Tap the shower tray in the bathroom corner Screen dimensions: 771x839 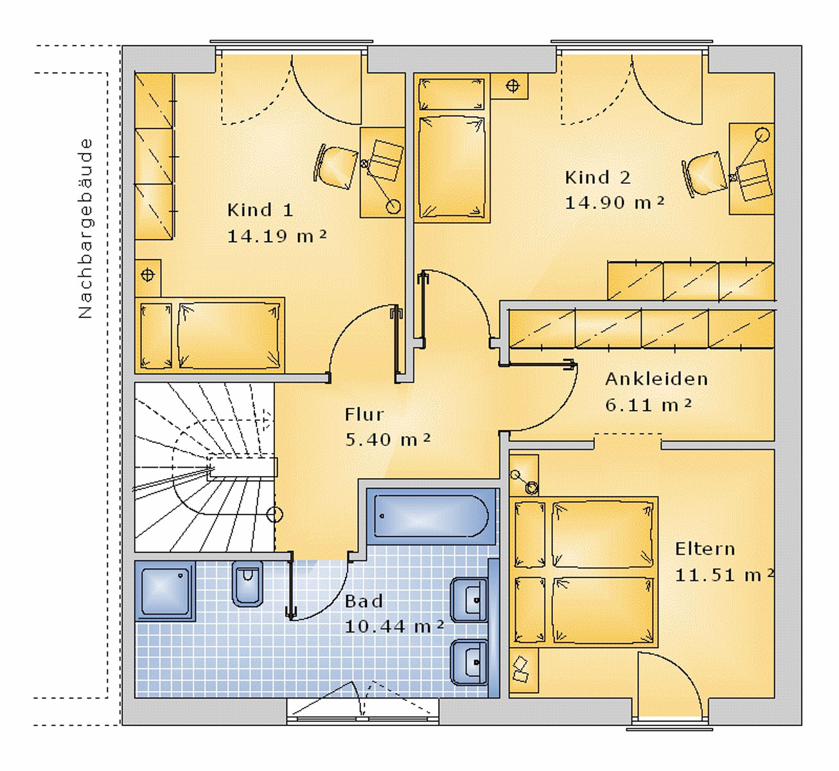click(x=165, y=591)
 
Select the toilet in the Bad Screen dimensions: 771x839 click(x=247, y=583)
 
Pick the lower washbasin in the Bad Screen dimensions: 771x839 click(x=469, y=661)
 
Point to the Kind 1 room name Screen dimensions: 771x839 click(x=260, y=210)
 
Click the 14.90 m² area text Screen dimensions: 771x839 click(x=614, y=202)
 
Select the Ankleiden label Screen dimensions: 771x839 click(x=656, y=379)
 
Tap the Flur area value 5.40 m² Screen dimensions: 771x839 click(x=387, y=439)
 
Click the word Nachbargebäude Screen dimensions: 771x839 click(x=85, y=229)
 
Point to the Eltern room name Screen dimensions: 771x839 click(x=704, y=549)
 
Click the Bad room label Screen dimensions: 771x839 click(x=364, y=601)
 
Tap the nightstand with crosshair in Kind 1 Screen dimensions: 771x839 click(x=148, y=276)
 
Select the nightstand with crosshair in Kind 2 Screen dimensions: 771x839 click(x=512, y=86)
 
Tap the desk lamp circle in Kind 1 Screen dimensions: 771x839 click(x=393, y=206)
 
